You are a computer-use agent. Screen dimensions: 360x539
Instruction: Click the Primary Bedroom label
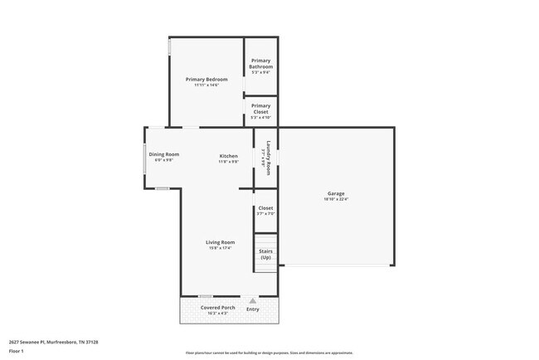[206, 79]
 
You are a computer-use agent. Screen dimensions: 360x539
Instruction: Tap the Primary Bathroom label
[260, 63]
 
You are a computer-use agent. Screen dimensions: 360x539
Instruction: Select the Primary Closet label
[260, 109]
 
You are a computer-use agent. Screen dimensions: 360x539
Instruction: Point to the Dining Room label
[164, 154]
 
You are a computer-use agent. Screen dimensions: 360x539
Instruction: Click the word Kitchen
[228, 156]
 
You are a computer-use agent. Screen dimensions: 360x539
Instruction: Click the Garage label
[335, 193]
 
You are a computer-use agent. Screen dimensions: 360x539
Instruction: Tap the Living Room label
[221, 242]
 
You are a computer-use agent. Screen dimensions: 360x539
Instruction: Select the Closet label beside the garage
[265, 208]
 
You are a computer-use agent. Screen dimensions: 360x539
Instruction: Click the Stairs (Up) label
[265, 254]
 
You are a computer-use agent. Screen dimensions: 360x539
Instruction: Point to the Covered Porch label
[218, 308]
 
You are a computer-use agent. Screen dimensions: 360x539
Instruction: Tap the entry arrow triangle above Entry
[252, 300]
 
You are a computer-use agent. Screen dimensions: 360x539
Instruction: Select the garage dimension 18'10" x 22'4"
[335, 199]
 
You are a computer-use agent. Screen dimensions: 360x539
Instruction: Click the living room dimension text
[221, 248]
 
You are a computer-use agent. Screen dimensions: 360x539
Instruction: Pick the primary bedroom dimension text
[206, 85]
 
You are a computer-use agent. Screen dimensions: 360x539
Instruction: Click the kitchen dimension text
[228, 161]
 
